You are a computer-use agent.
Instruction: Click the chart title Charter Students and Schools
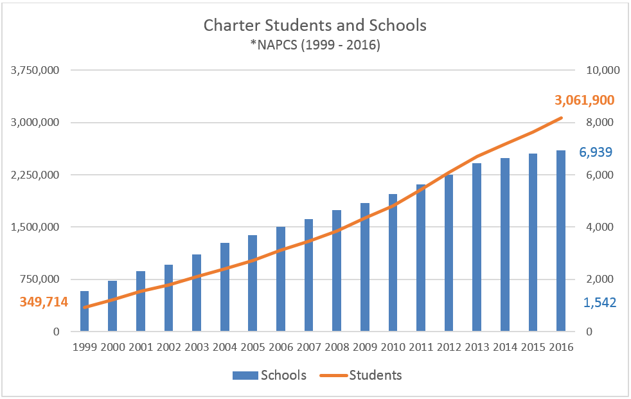[x=315, y=26]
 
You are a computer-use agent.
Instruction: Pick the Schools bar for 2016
[x=561, y=241]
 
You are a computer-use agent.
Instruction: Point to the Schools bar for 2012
[x=449, y=253]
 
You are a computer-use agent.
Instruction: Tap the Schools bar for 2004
[x=224, y=287]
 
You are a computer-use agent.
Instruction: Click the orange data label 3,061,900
[x=584, y=100]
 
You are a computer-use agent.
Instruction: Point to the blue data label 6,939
[x=596, y=152]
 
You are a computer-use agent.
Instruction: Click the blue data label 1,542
[x=600, y=302]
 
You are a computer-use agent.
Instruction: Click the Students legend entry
[x=366, y=375]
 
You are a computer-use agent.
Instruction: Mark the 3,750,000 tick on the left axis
[x=36, y=70]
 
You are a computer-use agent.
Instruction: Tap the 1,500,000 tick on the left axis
[x=36, y=227]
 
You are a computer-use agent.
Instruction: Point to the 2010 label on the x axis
[x=393, y=347]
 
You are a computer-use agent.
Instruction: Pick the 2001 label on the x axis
[x=140, y=347]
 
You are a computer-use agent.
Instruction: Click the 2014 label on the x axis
[x=505, y=347]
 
